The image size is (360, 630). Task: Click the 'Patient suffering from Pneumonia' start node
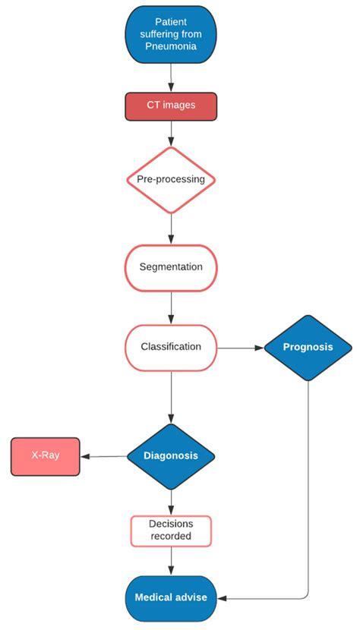point(170,33)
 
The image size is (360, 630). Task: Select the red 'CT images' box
point(170,106)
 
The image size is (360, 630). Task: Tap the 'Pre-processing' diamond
point(170,180)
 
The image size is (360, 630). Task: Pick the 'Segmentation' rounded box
point(170,267)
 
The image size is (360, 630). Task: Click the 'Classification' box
point(170,347)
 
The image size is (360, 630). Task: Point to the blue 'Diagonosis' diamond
point(170,455)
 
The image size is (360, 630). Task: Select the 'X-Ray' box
point(45,456)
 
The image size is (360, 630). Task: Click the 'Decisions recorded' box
point(170,530)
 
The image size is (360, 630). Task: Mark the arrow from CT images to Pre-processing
point(170,133)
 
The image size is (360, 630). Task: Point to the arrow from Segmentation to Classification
point(170,307)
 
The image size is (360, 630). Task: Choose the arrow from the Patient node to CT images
point(170,76)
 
